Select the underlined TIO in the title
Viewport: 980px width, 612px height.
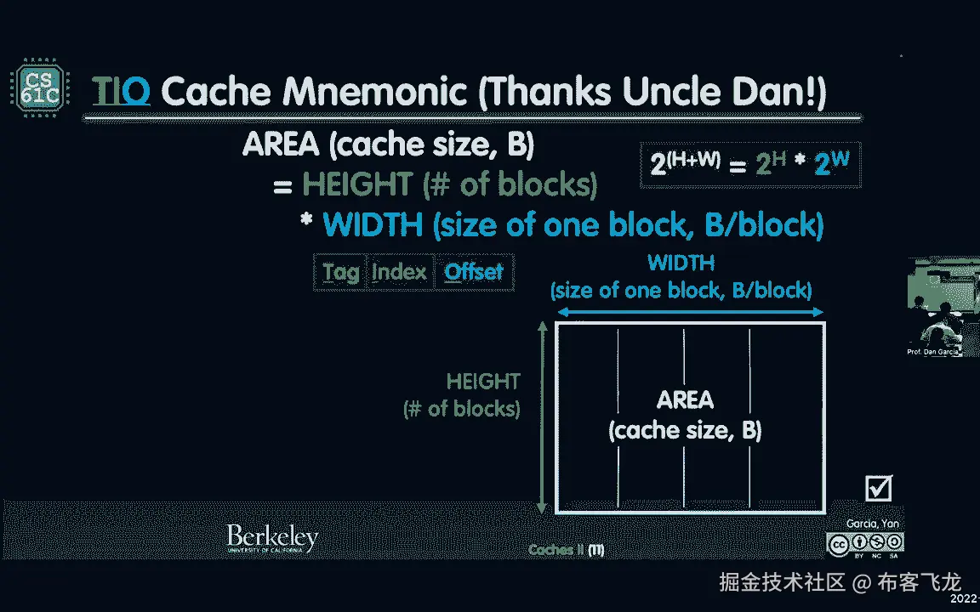(x=121, y=91)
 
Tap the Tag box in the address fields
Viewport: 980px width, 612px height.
(x=340, y=272)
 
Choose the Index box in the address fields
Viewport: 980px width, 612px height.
(x=399, y=272)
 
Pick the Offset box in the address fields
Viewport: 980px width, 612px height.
(x=474, y=272)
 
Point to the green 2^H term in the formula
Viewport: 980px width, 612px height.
(x=771, y=163)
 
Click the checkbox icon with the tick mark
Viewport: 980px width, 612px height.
(x=878, y=488)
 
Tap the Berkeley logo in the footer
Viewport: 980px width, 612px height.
(x=272, y=539)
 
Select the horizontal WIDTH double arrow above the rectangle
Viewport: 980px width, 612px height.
(x=689, y=313)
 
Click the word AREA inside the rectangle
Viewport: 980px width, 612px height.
(x=685, y=400)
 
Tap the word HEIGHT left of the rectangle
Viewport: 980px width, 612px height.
(x=483, y=382)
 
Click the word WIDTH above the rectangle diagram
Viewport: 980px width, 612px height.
(x=681, y=263)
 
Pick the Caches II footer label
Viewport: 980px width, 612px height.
(x=566, y=550)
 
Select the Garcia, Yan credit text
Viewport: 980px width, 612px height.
(x=873, y=524)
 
